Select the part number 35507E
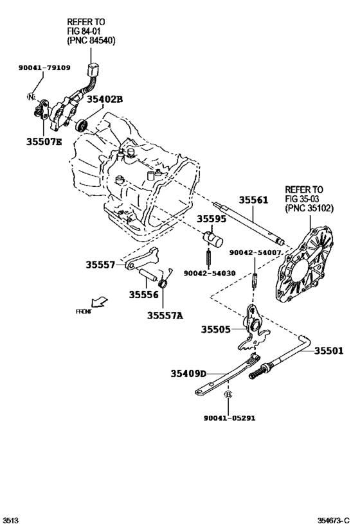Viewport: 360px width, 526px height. (x=43, y=143)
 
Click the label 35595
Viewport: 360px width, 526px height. (x=212, y=219)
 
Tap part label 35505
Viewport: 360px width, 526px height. (x=215, y=329)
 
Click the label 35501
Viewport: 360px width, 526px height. (x=329, y=351)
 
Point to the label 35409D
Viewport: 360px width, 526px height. (x=188, y=373)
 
